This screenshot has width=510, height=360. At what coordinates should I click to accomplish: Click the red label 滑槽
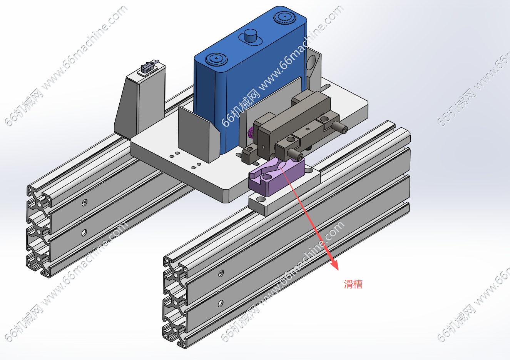pos(353,285)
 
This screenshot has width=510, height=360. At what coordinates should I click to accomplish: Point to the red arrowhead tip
pos(338,270)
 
